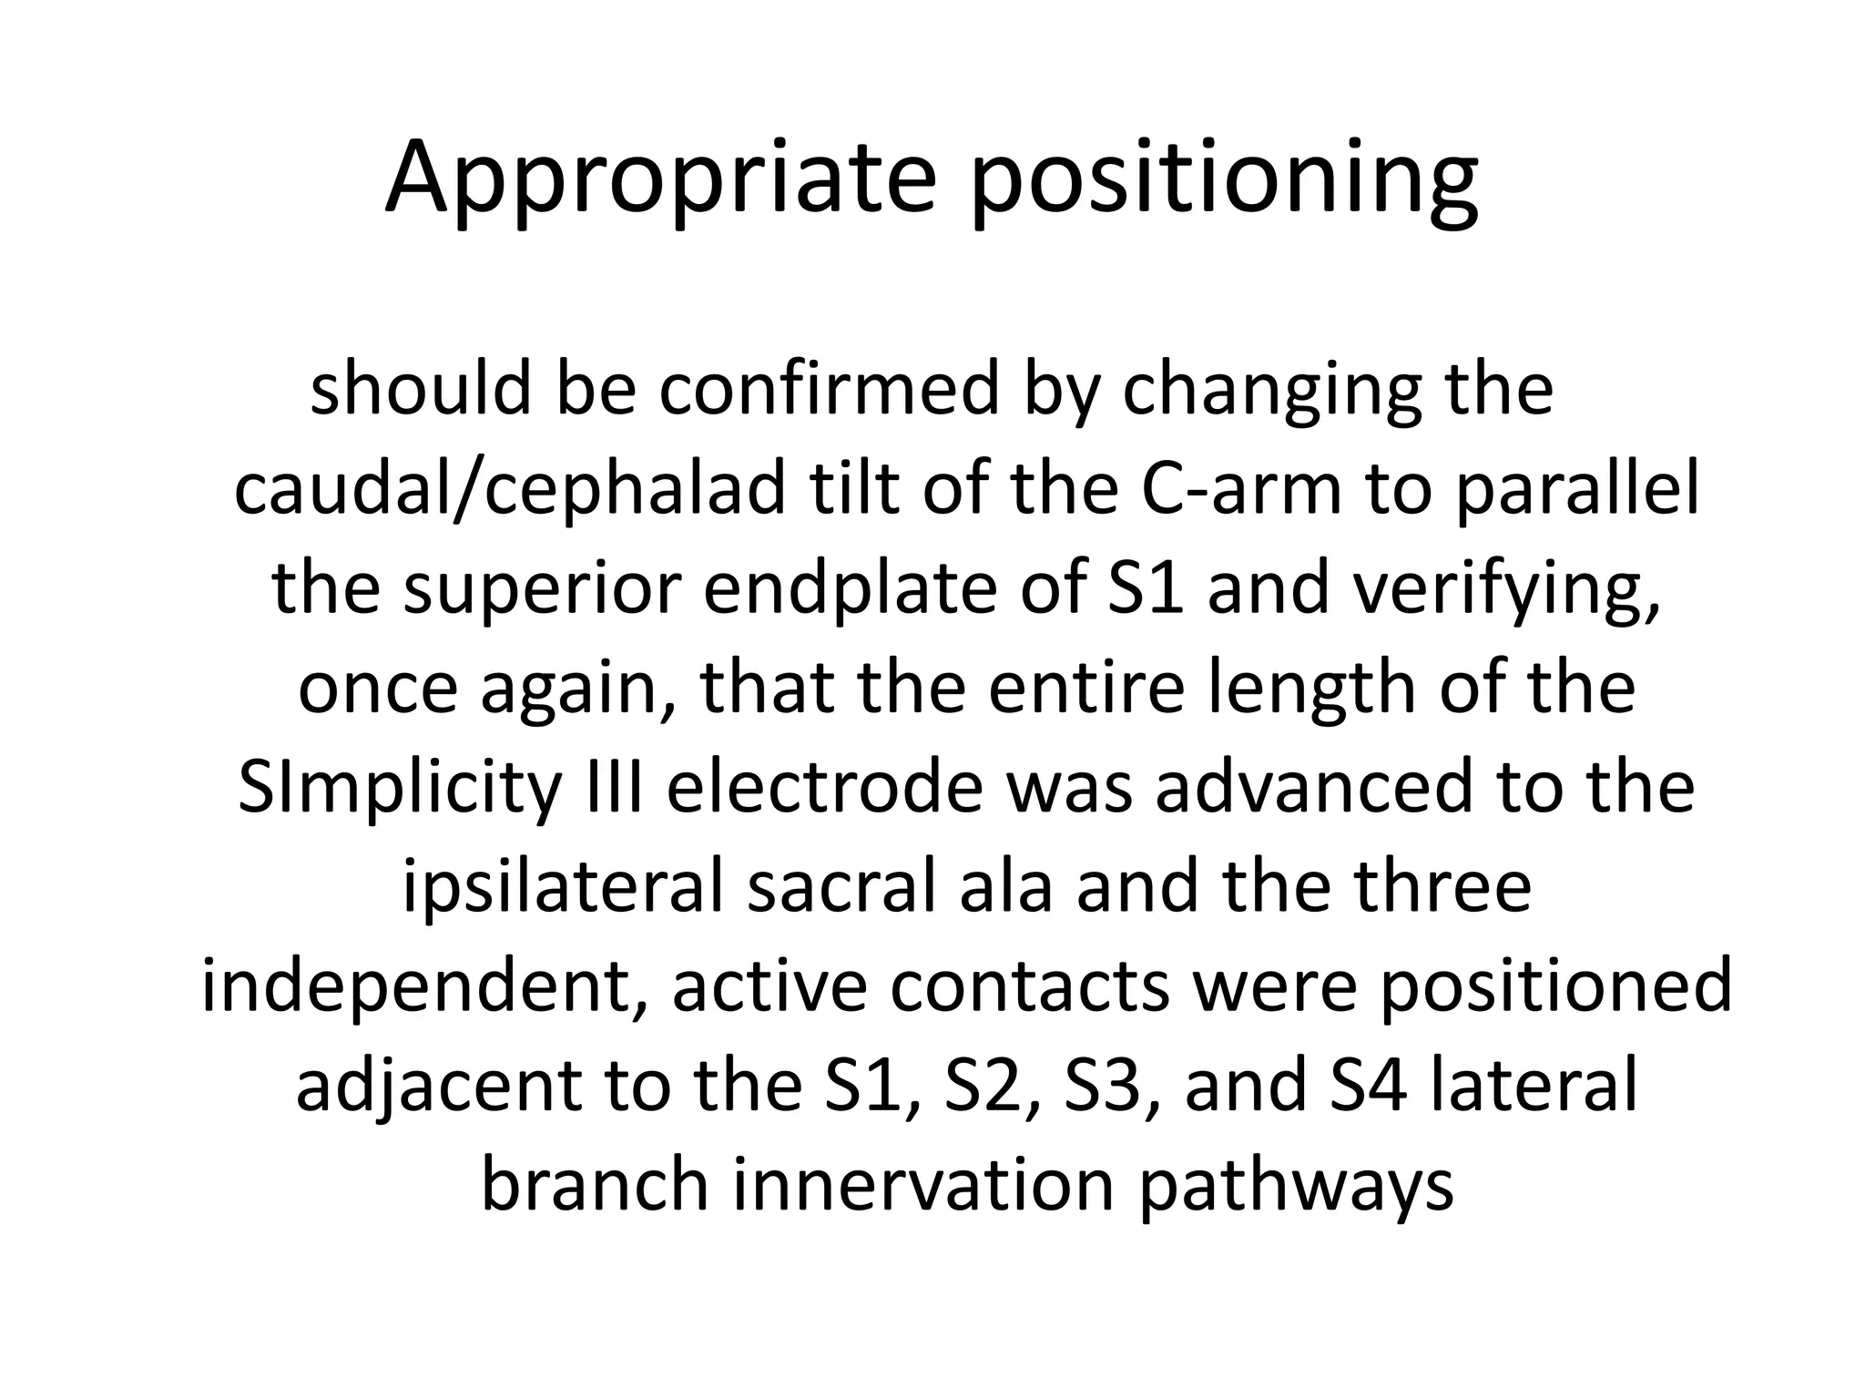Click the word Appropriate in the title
660,178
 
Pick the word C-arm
1241,489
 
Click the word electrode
825,787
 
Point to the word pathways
1296,1187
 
